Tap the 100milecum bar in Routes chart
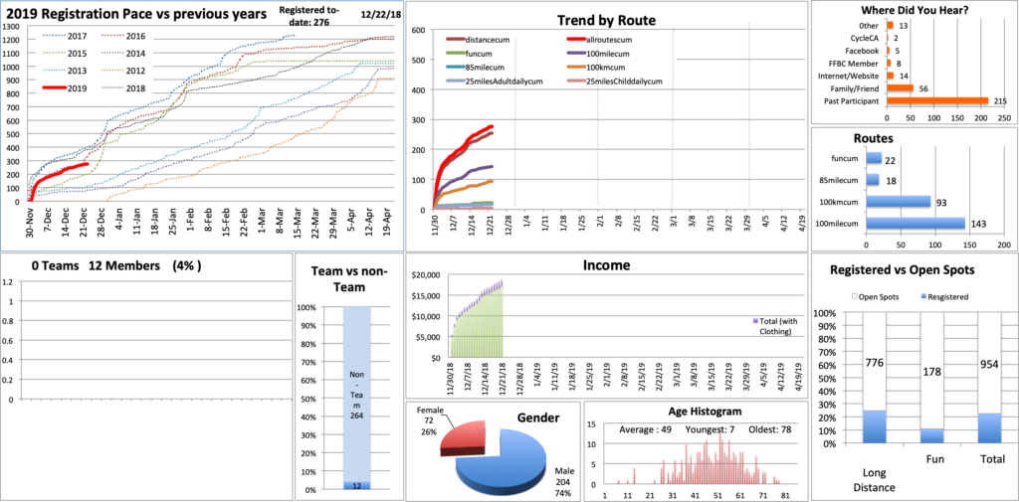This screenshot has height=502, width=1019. coord(915,223)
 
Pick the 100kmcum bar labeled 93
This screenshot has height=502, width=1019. coord(897,201)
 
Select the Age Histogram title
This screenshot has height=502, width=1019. coord(695,412)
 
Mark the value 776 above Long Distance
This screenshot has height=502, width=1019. coord(873,364)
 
